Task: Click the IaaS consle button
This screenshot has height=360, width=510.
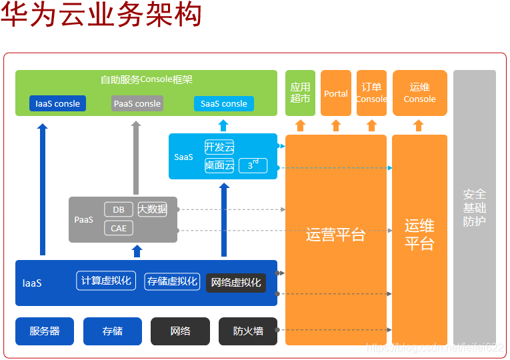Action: [x=57, y=103]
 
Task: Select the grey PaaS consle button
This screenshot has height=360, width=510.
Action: [x=137, y=103]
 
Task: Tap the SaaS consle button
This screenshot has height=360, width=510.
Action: [x=223, y=103]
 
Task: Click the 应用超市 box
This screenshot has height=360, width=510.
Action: [x=300, y=93]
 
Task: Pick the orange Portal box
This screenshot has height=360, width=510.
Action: [x=336, y=93]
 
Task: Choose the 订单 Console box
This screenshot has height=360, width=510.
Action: [x=371, y=93]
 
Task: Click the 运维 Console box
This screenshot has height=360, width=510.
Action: [x=419, y=93]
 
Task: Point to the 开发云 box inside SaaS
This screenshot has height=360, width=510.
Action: [x=219, y=147]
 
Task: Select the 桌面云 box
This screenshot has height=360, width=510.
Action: [x=219, y=165]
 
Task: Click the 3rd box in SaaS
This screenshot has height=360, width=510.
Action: [x=253, y=165]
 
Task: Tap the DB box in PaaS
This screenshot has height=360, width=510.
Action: [x=119, y=209]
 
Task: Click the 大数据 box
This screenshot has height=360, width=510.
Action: [x=153, y=209]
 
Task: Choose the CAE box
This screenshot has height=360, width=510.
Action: [x=119, y=228]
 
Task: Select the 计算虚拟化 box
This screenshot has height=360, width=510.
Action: [x=106, y=281]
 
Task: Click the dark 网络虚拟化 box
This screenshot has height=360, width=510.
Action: [x=236, y=282]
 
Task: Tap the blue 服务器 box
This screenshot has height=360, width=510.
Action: [x=45, y=331]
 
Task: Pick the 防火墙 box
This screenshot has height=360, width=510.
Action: [x=248, y=331]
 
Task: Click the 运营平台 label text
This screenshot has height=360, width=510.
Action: [x=335, y=235]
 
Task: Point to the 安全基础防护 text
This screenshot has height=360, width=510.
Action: [x=475, y=207]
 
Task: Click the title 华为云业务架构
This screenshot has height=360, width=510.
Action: [x=101, y=15]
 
